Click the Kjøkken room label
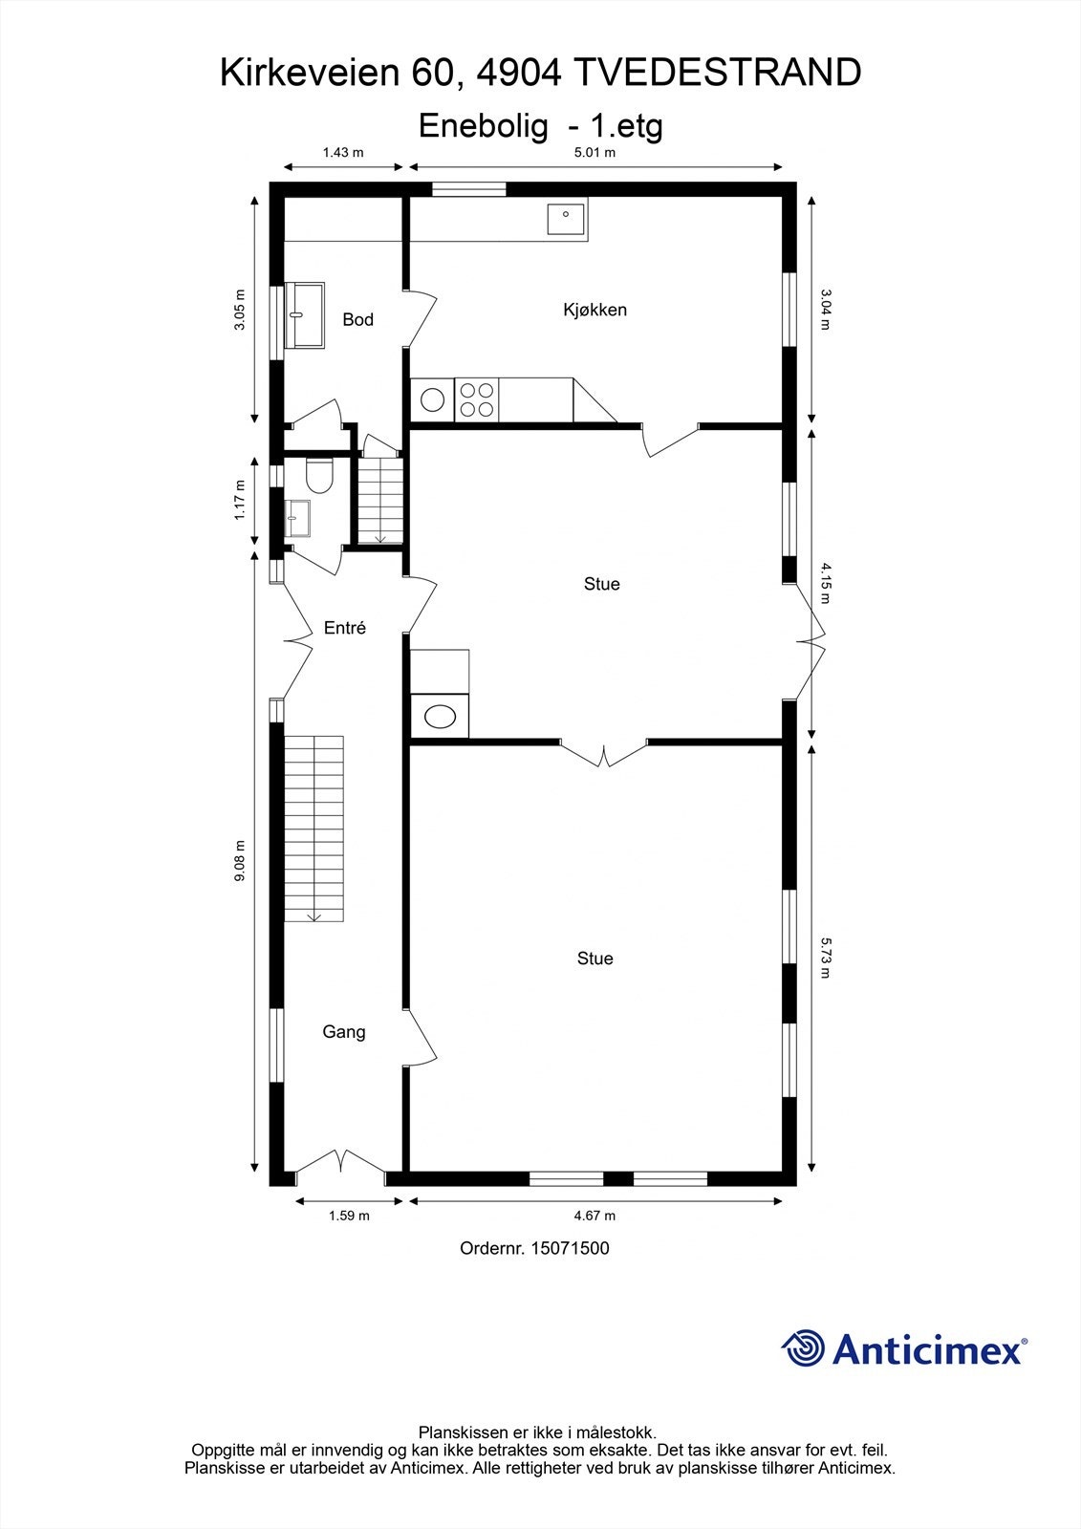595,310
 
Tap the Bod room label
357,319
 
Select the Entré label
344,628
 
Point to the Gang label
343,1032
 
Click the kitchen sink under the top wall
567,219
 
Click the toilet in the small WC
318,475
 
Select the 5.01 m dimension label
594,152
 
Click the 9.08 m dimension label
240,861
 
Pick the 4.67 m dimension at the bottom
595,1216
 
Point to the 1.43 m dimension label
343,152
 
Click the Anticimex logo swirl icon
804,1348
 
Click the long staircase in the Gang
313,828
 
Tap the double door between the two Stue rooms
603,753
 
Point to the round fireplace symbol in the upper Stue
440,717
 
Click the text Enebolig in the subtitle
484,125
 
